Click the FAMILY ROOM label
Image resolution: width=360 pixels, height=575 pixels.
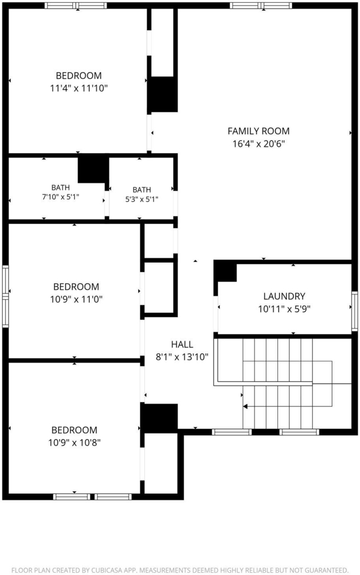258,131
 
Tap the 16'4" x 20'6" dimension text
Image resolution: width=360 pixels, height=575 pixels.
258,143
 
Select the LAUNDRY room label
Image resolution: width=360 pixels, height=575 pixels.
284,296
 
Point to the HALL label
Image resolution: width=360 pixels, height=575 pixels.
182,344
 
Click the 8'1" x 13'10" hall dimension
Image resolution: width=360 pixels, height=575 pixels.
182,357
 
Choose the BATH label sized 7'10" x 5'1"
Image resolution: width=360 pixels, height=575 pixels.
61,188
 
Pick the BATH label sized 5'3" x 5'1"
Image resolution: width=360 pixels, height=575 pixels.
142,190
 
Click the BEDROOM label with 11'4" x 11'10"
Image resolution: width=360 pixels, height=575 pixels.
79,76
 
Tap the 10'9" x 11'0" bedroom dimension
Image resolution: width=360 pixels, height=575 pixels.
76,299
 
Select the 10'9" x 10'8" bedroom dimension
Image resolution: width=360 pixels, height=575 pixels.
75,442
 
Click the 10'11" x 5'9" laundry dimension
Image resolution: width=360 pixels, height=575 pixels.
284,309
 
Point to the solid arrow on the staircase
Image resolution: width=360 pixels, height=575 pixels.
245,407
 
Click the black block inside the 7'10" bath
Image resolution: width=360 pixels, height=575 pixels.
93,170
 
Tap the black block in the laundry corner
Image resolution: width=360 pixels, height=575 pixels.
225,271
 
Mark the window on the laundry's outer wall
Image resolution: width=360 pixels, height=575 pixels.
354,311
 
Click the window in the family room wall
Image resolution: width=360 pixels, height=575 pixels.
261,6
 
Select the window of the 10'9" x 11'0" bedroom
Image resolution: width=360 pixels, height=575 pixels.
6,296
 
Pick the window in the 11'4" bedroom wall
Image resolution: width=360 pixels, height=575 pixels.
76,6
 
